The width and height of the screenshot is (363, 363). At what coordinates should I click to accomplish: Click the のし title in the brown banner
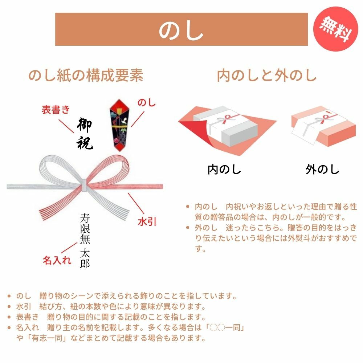pos(181,29)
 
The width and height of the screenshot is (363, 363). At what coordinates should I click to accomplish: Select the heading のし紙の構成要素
pos(86,76)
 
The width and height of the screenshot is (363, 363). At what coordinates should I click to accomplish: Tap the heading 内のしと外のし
pos(267,76)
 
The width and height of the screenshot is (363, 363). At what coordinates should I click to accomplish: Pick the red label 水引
pos(147,221)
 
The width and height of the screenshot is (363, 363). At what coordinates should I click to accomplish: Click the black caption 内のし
pos(224,169)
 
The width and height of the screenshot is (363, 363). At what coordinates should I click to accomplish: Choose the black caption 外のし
pos(322,169)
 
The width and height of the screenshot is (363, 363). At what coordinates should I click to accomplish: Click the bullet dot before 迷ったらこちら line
pos(188,228)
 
